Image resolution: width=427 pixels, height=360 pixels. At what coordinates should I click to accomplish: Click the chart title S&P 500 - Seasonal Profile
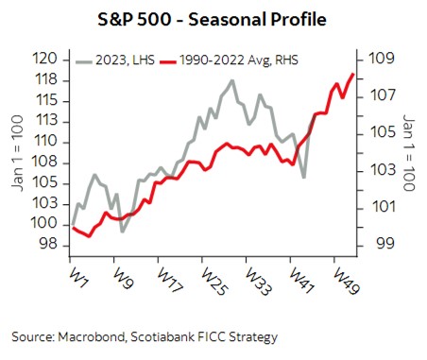coord(213,20)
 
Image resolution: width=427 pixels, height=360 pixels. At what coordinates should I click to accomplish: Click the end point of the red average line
coord(353,74)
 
